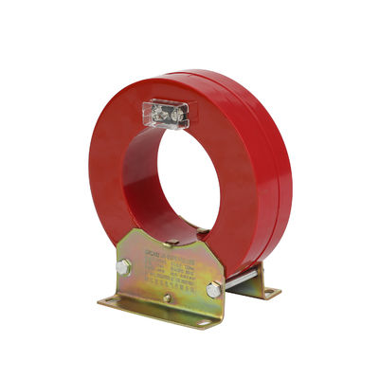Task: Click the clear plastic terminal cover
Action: (165, 114)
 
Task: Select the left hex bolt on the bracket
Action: (122, 268)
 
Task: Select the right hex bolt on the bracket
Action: (214, 288)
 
